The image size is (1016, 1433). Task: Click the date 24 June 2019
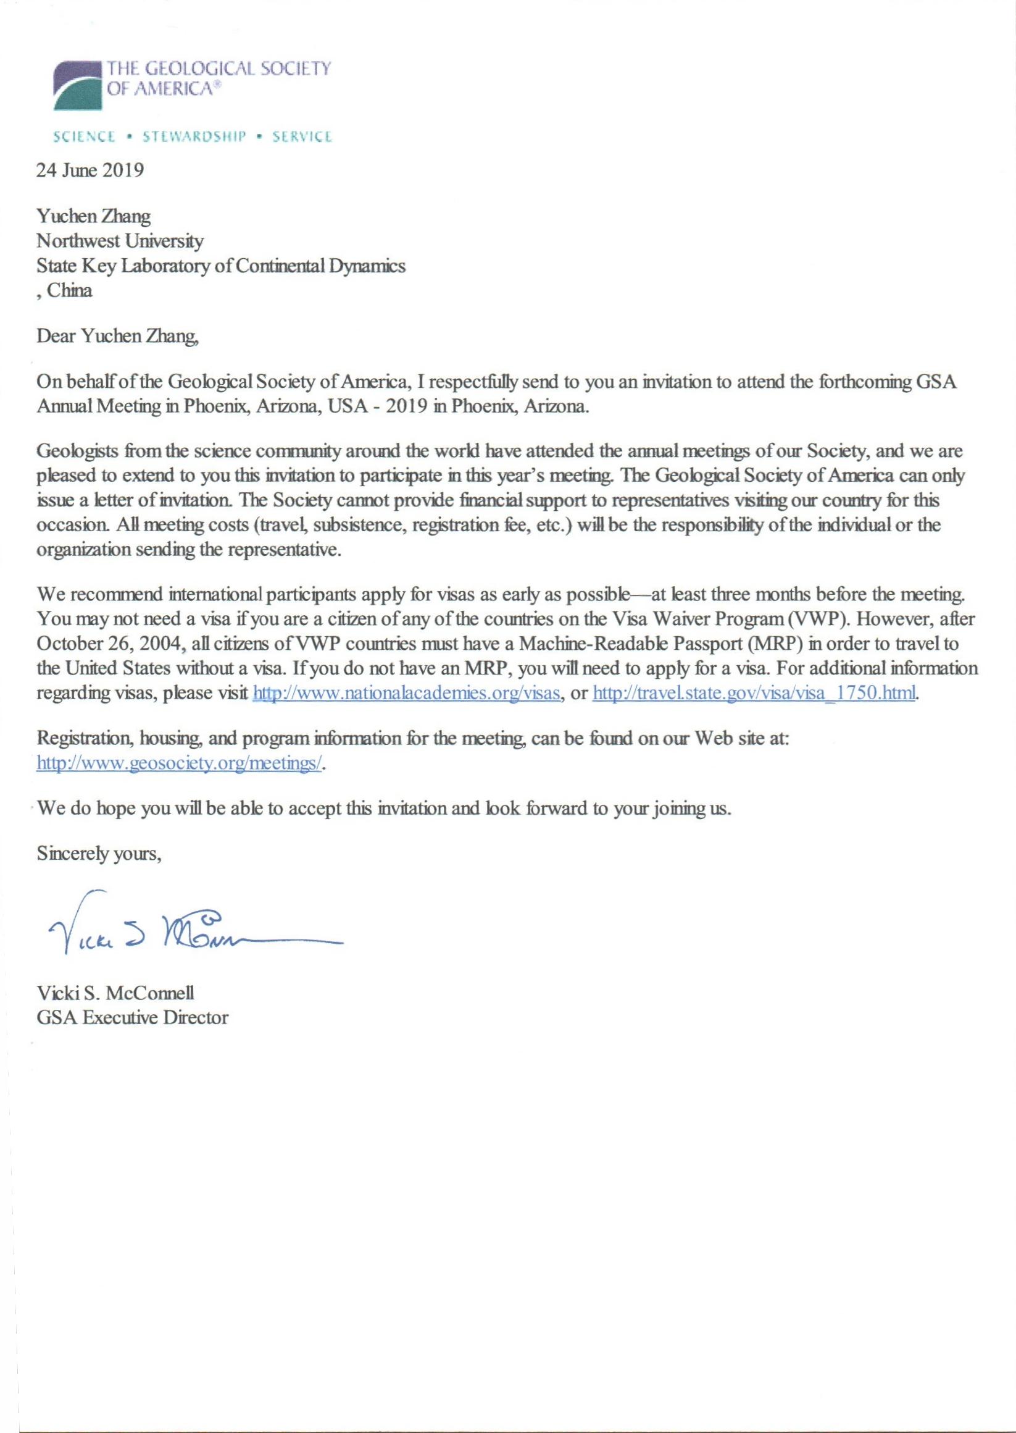(x=90, y=170)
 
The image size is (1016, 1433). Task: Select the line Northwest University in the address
(x=120, y=240)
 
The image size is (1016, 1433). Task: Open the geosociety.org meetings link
(x=180, y=765)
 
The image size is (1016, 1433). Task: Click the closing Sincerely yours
(x=99, y=854)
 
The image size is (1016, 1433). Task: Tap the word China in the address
(x=70, y=291)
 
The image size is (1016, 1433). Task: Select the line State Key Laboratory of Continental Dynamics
(x=221, y=266)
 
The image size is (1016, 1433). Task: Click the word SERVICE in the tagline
(x=301, y=137)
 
